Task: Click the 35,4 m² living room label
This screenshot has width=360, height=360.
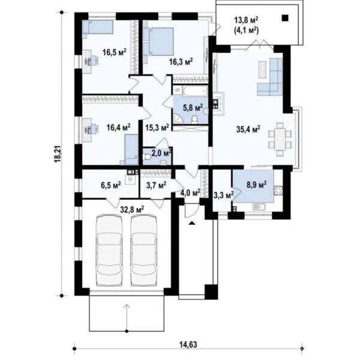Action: coord(248,129)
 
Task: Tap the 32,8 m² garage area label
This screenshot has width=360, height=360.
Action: coord(132,209)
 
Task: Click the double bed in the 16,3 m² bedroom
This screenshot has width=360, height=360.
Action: coord(158,41)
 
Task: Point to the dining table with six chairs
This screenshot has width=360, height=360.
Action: coord(280,139)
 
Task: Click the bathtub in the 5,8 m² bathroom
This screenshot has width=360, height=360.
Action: coord(194,91)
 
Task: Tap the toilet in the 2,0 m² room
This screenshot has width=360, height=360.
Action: coord(147,157)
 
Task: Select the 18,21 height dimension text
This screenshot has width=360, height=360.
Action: coord(58,154)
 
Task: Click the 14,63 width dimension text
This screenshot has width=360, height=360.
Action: coord(188,344)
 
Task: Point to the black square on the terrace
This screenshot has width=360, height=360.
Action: coord(285,17)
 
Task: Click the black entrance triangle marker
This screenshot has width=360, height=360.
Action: coord(192,223)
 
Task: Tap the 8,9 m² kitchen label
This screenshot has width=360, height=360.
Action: coord(257,184)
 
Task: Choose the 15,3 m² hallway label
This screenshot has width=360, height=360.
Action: coord(157,127)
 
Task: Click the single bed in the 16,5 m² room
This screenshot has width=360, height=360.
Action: coord(98,28)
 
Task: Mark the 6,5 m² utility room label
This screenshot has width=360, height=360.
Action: coord(111,185)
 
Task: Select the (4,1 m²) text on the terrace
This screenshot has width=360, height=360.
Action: coord(247,30)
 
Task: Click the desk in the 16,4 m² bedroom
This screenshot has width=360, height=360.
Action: coord(88,129)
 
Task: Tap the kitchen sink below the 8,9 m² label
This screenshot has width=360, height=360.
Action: coord(259,207)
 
